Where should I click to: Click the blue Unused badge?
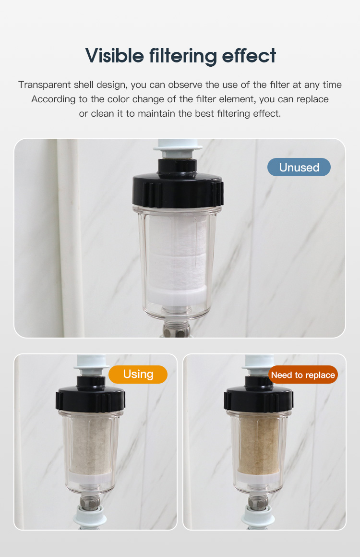(x=299, y=167)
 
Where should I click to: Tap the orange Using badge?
(x=138, y=375)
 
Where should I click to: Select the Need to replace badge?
(x=303, y=375)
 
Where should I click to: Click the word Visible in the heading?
(x=114, y=56)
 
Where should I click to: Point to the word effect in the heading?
(x=249, y=56)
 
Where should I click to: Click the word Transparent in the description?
(x=44, y=85)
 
